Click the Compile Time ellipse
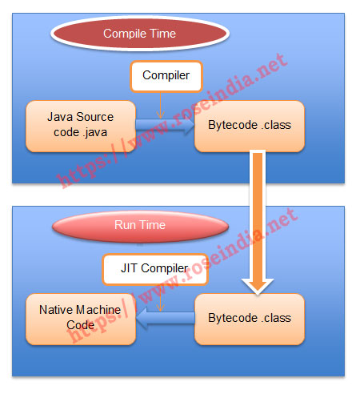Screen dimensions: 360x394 (x=140, y=34)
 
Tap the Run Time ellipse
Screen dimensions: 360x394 (x=140, y=227)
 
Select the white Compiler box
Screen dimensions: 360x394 (x=166, y=76)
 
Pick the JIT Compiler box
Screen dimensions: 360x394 (x=155, y=269)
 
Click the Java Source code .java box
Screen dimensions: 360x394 (x=81, y=127)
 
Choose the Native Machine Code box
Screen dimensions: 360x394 (x=81, y=320)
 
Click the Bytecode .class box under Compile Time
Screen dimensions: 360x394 (x=250, y=127)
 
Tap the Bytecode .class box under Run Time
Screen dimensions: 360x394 (x=250, y=320)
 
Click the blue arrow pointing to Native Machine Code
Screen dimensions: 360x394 (x=166, y=318)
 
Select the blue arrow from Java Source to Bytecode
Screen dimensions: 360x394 (x=166, y=125)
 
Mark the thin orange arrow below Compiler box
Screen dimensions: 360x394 (x=160, y=106)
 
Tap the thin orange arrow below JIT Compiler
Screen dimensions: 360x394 (x=160, y=298)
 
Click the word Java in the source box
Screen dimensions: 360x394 (x=60, y=117)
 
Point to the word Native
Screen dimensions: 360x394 (x=57, y=310)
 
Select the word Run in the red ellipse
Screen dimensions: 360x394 (x=125, y=225)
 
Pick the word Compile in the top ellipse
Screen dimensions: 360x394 (x=125, y=34)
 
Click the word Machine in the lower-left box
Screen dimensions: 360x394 (x=98, y=310)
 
